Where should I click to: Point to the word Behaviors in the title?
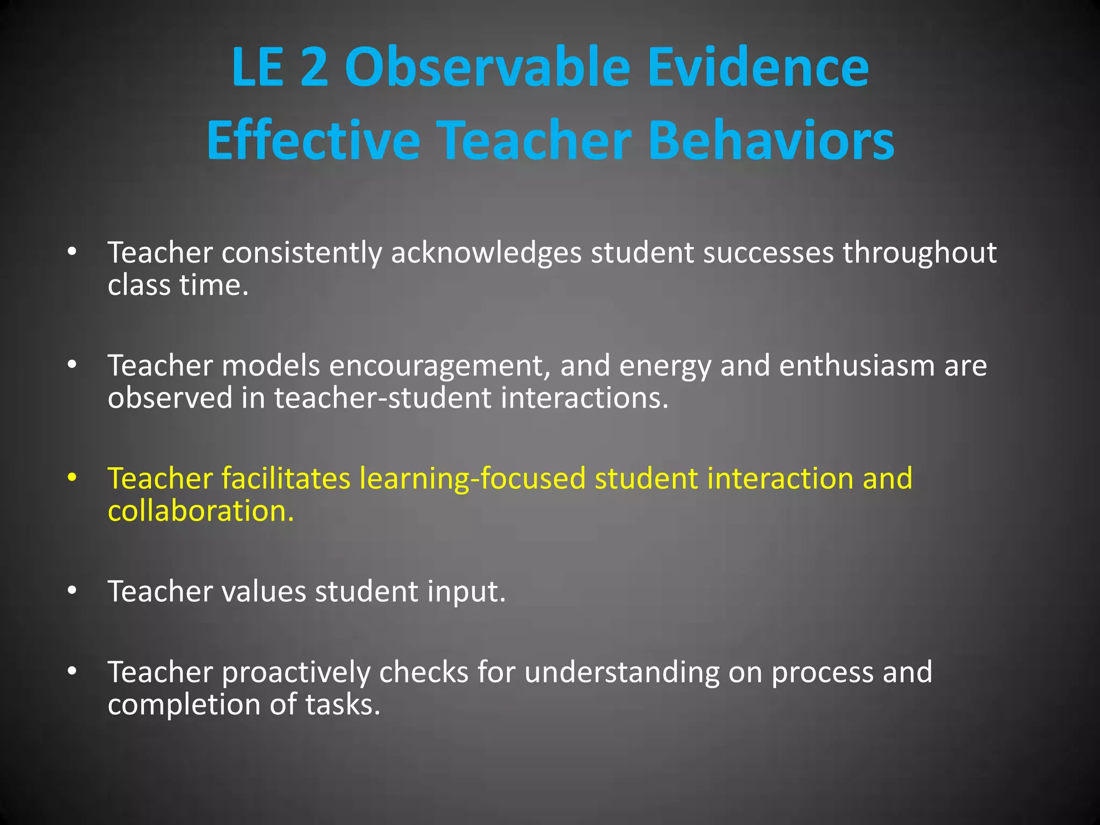(x=771, y=140)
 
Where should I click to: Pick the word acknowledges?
(x=486, y=254)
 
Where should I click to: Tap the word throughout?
(x=920, y=254)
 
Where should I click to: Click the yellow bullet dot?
(x=73, y=477)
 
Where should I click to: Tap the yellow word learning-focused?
(x=472, y=479)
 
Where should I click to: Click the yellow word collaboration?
(x=200, y=511)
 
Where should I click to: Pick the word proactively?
(x=296, y=673)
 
